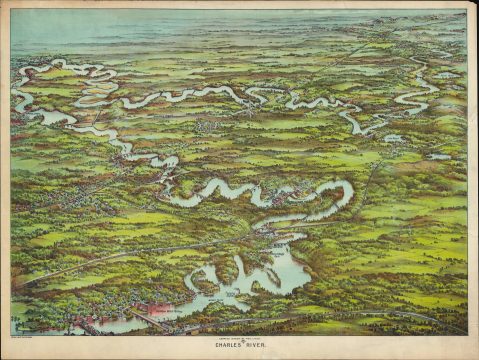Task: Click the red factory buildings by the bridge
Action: click(x=160, y=309)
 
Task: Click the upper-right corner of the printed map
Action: click(x=466, y=11)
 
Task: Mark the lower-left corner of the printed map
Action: click(x=11, y=334)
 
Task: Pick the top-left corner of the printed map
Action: click(x=11, y=11)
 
